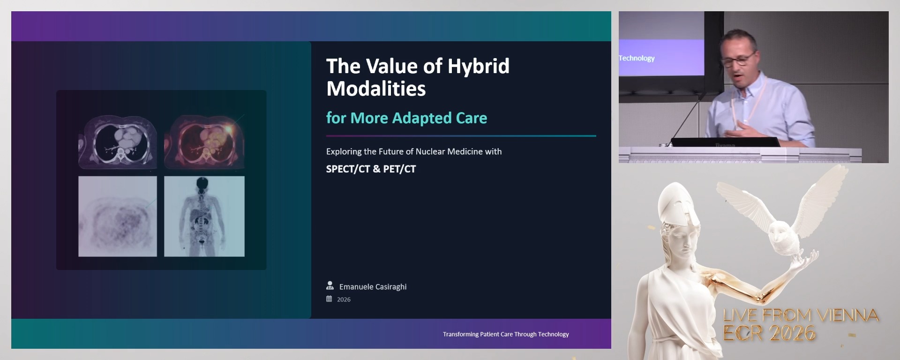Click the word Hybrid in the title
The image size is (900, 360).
click(478, 67)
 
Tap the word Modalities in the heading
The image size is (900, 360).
click(376, 89)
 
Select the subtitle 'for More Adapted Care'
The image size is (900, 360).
click(406, 118)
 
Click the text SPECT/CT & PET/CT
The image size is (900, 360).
click(371, 169)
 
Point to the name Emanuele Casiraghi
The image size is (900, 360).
click(373, 287)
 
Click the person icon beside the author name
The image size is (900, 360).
click(330, 285)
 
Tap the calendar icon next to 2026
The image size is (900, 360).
click(329, 299)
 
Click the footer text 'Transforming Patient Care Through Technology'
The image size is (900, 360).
click(505, 334)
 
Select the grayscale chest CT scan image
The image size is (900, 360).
click(117, 142)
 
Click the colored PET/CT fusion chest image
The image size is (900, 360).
click(204, 142)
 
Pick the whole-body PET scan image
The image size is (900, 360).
click(204, 217)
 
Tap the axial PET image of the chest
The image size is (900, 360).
click(117, 217)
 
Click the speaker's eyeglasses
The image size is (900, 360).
click(739, 60)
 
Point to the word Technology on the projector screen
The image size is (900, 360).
click(637, 58)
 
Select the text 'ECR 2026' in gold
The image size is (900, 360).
click(769, 333)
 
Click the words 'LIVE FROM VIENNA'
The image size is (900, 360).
click(801, 315)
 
